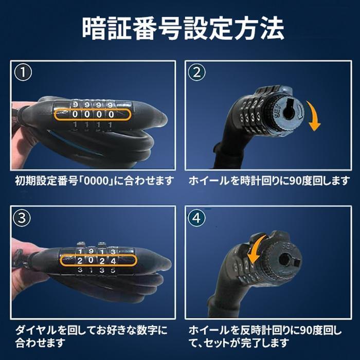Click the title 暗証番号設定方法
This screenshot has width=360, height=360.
click(x=183, y=28)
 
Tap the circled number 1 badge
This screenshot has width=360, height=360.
click(x=23, y=73)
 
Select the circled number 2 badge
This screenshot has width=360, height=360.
click(x=197, y=73)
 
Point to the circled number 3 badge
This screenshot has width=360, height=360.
click(x=22, y=218)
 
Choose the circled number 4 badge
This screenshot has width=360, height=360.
click(x=196, y=218)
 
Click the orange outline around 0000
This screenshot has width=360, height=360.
click(x=93, y=114)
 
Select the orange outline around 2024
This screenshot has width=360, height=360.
click(x=98, y=260)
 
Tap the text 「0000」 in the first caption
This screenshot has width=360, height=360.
click(x=97, y=181)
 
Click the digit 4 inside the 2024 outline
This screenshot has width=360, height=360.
click(x=113, y=261)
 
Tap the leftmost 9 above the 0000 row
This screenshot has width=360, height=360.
click(x=75, y=105)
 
